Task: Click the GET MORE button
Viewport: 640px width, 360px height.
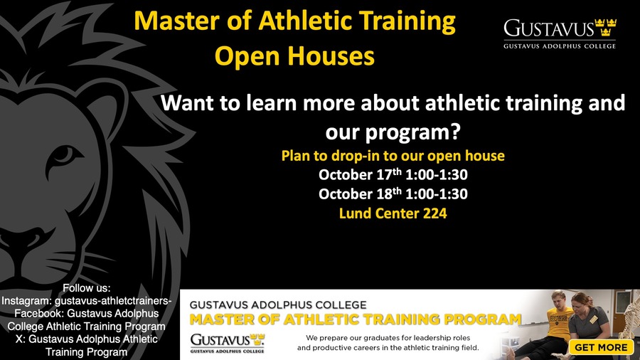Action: [601, 347]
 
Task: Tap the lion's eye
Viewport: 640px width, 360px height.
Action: [64, 157]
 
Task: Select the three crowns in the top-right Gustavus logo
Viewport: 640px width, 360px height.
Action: [606, 27]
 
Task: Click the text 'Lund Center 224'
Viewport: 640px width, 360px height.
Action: [393, 213]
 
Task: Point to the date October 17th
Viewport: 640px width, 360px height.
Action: [361, 174]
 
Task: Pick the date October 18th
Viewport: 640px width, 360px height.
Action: [361, 194]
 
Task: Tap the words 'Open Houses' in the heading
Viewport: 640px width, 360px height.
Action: [294, 56]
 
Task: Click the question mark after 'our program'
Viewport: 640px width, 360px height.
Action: [455, 131]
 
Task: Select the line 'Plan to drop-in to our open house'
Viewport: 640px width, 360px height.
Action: [393, 156]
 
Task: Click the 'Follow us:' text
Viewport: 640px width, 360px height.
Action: [87, 288]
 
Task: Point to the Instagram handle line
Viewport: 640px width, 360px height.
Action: [87, 301]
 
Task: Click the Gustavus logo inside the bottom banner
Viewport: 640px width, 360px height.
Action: [228, 343]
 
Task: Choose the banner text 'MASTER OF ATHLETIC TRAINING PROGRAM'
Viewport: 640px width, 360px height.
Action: [356, 319]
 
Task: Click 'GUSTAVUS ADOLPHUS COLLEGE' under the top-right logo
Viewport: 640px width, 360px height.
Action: [560, 46]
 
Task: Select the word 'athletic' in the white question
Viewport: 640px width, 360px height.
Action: [462, 102]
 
